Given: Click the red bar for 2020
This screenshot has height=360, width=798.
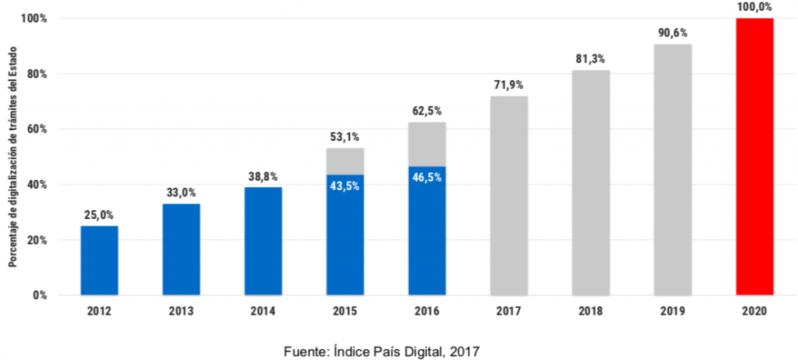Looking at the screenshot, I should [x=754, y=156].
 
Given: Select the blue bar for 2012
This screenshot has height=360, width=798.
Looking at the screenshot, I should [x=99, y=260].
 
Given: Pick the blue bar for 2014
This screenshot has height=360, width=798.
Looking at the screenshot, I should [x=263, y=241].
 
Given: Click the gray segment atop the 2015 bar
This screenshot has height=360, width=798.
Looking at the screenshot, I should [x=344, y=161].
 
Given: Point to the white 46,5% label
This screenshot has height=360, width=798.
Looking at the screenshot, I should [x=426, y=177].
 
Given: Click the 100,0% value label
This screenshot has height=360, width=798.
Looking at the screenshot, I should [x=754, y=7].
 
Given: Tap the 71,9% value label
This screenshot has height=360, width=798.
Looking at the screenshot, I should [x=509, y=84].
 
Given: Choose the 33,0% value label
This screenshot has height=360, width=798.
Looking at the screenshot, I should [x=181, y=192].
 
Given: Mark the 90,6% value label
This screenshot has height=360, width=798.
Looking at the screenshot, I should [x=673, y=33].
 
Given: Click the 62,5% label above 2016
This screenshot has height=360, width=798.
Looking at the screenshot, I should [x=426, y=111].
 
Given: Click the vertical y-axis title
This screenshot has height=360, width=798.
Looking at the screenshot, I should [x=13, y=156].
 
